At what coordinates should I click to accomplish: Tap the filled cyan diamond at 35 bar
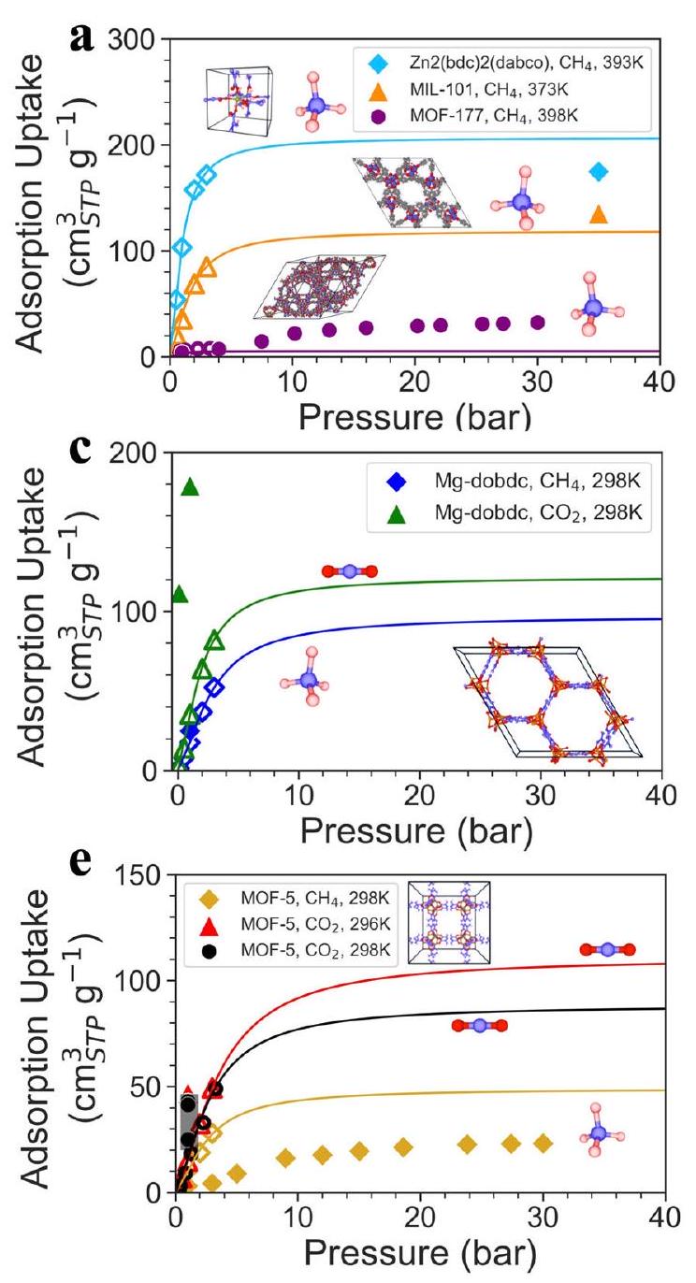coord(599,172)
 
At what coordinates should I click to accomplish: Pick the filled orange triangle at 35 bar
coord(599,215)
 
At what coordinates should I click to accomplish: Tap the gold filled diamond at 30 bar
coord(543,1144)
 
